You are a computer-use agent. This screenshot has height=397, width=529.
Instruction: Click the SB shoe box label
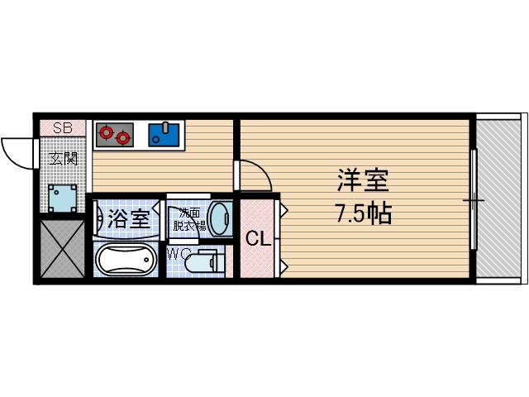click(x=63, y=127)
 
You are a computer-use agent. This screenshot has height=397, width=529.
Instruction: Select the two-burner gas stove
click(x=114, y=133)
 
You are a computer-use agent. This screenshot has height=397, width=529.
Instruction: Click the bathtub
click(x=124, y=261)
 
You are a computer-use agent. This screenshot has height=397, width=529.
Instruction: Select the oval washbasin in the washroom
click(x=220, y=220)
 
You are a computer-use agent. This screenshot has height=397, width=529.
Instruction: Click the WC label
click(x=178, y=254)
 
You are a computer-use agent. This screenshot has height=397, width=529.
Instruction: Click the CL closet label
click(x=258, y=240)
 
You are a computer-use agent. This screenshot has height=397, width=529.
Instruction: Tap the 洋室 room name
click(x=362, y=179)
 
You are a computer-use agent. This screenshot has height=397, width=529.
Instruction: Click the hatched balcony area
click(x=501, y=198)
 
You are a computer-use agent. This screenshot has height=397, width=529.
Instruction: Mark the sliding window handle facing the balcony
click(x=474, y=199)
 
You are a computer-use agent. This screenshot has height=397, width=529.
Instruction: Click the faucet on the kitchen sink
click(x=166, y=127)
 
